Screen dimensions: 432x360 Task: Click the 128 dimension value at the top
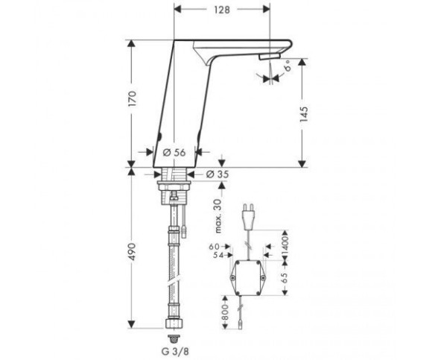222,10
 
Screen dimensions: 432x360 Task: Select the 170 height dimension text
133,99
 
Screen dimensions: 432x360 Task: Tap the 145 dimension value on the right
303,114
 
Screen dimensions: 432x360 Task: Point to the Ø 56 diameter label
174,153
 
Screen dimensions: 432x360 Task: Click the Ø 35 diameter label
217,174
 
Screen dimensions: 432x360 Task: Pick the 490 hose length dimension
133,252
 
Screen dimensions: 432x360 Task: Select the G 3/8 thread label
175,352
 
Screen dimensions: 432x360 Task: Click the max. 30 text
218,216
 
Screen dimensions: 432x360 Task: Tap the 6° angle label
288,66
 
